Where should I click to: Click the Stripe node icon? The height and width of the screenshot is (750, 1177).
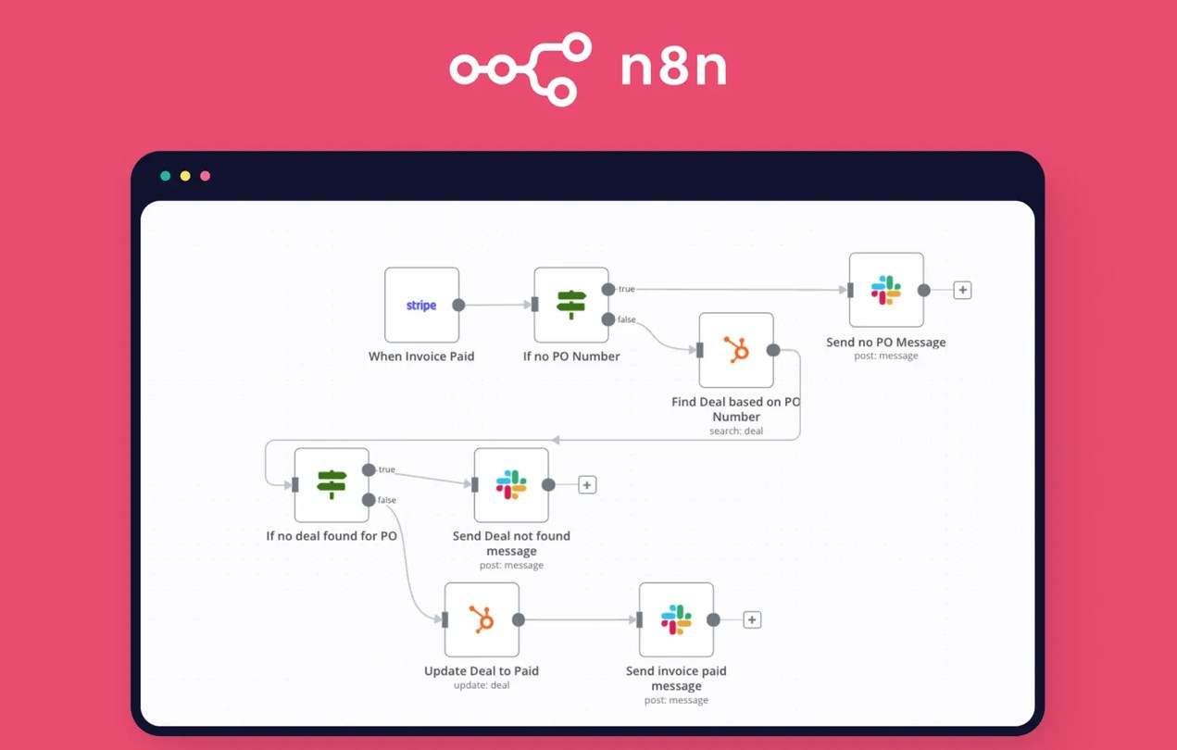tap(421, 306)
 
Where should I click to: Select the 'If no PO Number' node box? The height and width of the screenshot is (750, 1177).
tap(571, 305)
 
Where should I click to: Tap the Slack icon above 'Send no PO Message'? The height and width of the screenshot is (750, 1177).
tap(886, 290)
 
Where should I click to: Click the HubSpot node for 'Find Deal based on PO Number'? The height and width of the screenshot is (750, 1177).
tap(736, 350)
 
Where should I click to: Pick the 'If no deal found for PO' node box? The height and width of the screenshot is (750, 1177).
tap(332, 484)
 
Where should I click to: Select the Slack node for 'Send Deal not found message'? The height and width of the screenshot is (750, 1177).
tap(511, 484)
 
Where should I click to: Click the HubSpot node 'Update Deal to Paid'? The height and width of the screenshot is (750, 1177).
tap(482, 619)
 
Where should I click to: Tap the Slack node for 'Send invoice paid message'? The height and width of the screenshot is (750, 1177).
tap(676, 619)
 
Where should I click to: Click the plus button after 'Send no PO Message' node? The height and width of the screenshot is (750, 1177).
tap(962, 291)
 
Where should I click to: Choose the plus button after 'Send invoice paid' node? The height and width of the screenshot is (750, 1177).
tap(752, 620)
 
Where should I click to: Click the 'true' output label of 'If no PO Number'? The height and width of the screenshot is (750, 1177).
tap(627, 290)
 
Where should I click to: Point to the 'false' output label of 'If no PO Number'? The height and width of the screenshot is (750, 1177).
tap(627, 319)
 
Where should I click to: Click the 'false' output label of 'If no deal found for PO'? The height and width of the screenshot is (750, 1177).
tap(387, 500)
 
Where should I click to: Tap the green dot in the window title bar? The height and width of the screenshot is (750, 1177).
tap(166, 176)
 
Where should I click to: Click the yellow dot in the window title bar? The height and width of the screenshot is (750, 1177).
tap(185, 176)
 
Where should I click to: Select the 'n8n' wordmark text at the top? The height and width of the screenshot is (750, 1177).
tap(673, 70)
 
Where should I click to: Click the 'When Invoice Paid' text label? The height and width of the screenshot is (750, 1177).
tap(421, 356)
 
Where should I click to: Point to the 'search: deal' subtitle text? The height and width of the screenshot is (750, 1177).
tap(736, 431)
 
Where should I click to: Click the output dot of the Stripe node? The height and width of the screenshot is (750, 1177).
tap(458, 305)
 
